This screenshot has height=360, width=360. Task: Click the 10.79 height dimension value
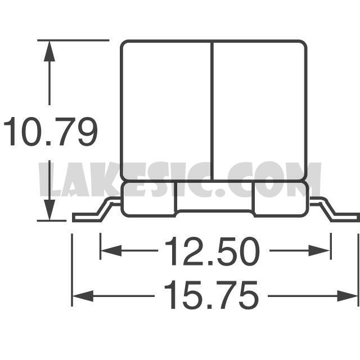(x=51, y=132)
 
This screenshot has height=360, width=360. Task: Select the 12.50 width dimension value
(x=212, y=251)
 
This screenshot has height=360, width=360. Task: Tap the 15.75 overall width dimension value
(x=211, y=295)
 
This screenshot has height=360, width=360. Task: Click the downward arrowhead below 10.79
(x=49, y=210)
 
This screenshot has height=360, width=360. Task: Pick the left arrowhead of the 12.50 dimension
(x=111, y=250)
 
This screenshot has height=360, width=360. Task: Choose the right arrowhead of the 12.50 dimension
(x=319, y=250)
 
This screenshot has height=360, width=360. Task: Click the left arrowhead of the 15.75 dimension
(x=83, y=296)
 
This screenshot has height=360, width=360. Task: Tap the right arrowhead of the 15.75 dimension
(x=348, y=296)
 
